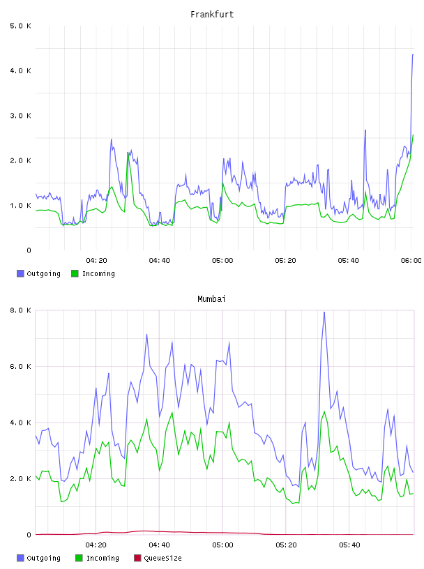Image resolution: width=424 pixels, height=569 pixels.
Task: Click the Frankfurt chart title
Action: coord(212,15)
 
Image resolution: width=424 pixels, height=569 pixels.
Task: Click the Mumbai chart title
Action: coord(211,299)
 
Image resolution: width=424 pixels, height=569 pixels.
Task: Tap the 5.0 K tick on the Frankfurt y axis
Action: coord(21,26)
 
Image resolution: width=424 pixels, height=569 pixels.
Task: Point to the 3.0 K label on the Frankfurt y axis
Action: coord(21,116)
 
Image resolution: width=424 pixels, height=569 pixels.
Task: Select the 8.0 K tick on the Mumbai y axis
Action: coord(21,310)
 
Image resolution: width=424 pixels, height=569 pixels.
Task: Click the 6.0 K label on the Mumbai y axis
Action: coord(21,367)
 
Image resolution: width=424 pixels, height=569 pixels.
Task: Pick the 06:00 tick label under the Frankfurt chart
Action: coord(411,261)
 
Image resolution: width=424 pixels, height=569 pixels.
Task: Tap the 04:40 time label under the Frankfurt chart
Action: coord(160,261)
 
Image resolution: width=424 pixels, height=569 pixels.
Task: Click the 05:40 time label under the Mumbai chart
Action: coord(349,545)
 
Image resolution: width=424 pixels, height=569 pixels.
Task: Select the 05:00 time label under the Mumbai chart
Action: coord(222,545)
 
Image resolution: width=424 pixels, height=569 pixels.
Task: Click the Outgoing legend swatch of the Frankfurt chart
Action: coord(20,273)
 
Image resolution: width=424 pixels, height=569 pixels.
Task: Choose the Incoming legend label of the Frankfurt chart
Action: coord(98,274)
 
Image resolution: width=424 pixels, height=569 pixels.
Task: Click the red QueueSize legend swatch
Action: coord(137,558)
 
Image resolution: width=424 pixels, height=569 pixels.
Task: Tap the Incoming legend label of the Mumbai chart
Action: coord(103,559)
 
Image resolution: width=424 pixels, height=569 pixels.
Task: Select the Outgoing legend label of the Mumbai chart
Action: coord(43,559)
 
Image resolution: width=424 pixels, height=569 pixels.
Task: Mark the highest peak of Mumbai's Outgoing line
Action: coord(324,312)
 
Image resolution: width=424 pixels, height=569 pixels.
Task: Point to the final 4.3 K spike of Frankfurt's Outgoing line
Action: coord(413,55)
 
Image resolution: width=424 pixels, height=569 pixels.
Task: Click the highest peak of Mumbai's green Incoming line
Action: coord(324,411)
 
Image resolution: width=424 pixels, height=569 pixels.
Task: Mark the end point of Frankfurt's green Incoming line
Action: coord(413,135)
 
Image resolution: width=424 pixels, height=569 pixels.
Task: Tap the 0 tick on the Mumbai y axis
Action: coord(29,535)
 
